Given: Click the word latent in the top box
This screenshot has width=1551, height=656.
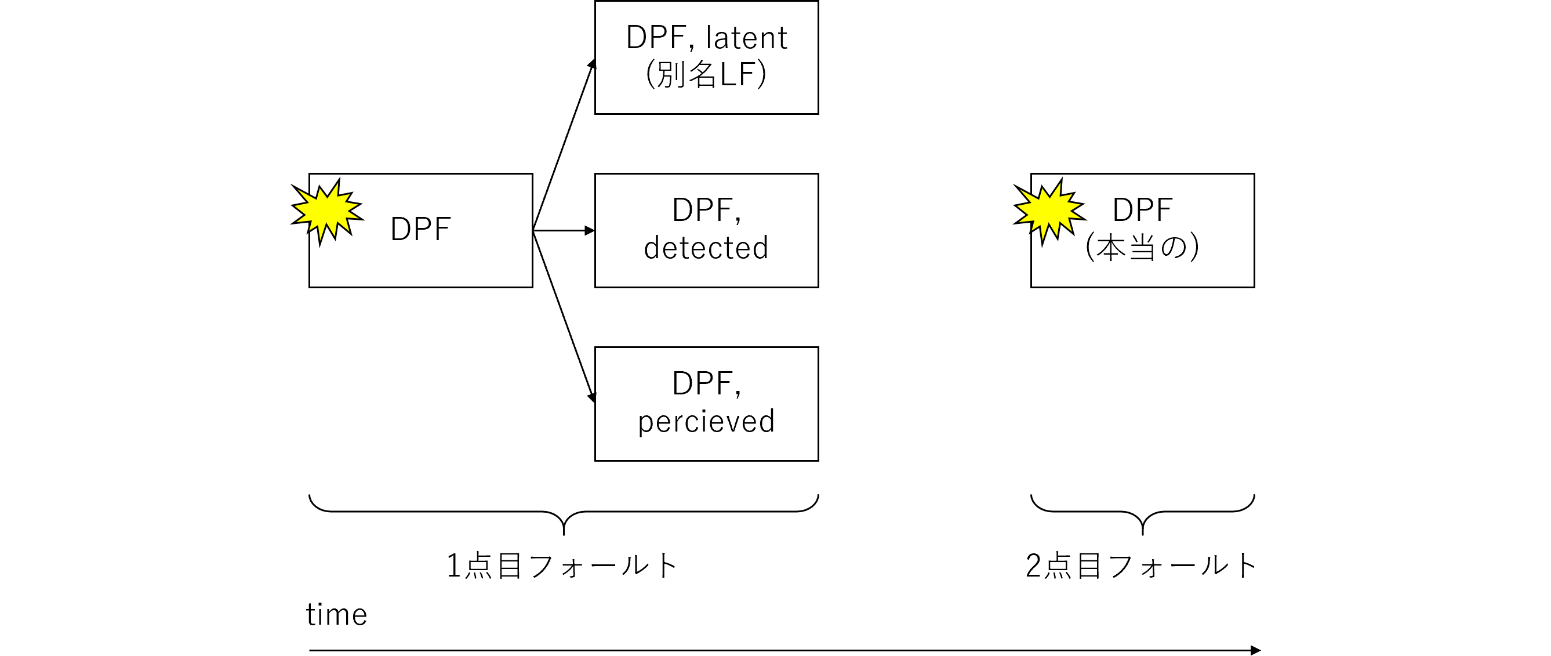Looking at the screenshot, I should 746,38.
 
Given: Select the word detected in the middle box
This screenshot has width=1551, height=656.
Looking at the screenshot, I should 706,248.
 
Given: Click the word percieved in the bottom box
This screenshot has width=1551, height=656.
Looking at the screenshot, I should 706,422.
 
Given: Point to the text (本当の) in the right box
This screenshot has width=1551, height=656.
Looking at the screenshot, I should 1142,248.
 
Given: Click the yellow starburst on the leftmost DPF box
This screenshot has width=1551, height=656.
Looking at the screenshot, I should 327,210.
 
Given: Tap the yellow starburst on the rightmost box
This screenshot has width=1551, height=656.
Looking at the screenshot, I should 1049,210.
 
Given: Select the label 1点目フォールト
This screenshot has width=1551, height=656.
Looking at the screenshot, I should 562,566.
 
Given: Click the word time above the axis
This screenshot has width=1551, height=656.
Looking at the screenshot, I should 336,615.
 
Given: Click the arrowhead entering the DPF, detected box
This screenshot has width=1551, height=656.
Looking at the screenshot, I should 590,231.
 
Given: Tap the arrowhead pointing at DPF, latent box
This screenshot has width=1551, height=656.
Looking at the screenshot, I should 592,64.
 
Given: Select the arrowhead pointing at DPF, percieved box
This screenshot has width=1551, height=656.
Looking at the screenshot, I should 592,397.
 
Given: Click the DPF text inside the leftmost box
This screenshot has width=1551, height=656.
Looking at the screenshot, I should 420,230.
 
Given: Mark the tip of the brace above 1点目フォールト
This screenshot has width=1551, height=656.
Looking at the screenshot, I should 564,533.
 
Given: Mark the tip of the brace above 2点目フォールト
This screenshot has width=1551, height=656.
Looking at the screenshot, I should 1142,533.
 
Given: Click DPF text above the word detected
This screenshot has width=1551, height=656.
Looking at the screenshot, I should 706,210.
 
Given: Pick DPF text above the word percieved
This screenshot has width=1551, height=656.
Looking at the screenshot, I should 706,384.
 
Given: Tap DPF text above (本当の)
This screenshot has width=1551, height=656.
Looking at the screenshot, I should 1142,210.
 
